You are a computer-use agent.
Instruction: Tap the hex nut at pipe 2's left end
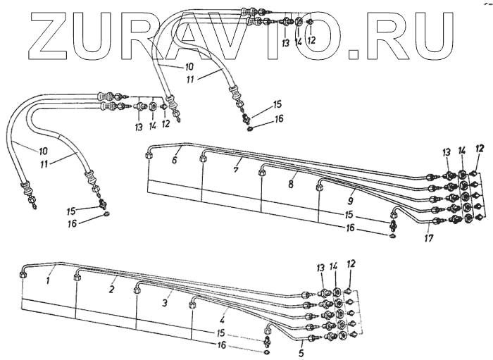point(75,279)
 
